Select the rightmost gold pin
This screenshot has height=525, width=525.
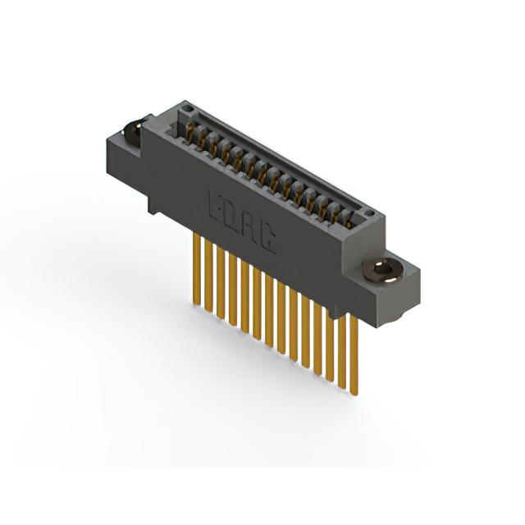point(354,353)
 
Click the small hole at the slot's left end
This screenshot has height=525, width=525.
point(187,108)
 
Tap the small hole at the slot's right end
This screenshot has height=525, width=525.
point(374,212)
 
